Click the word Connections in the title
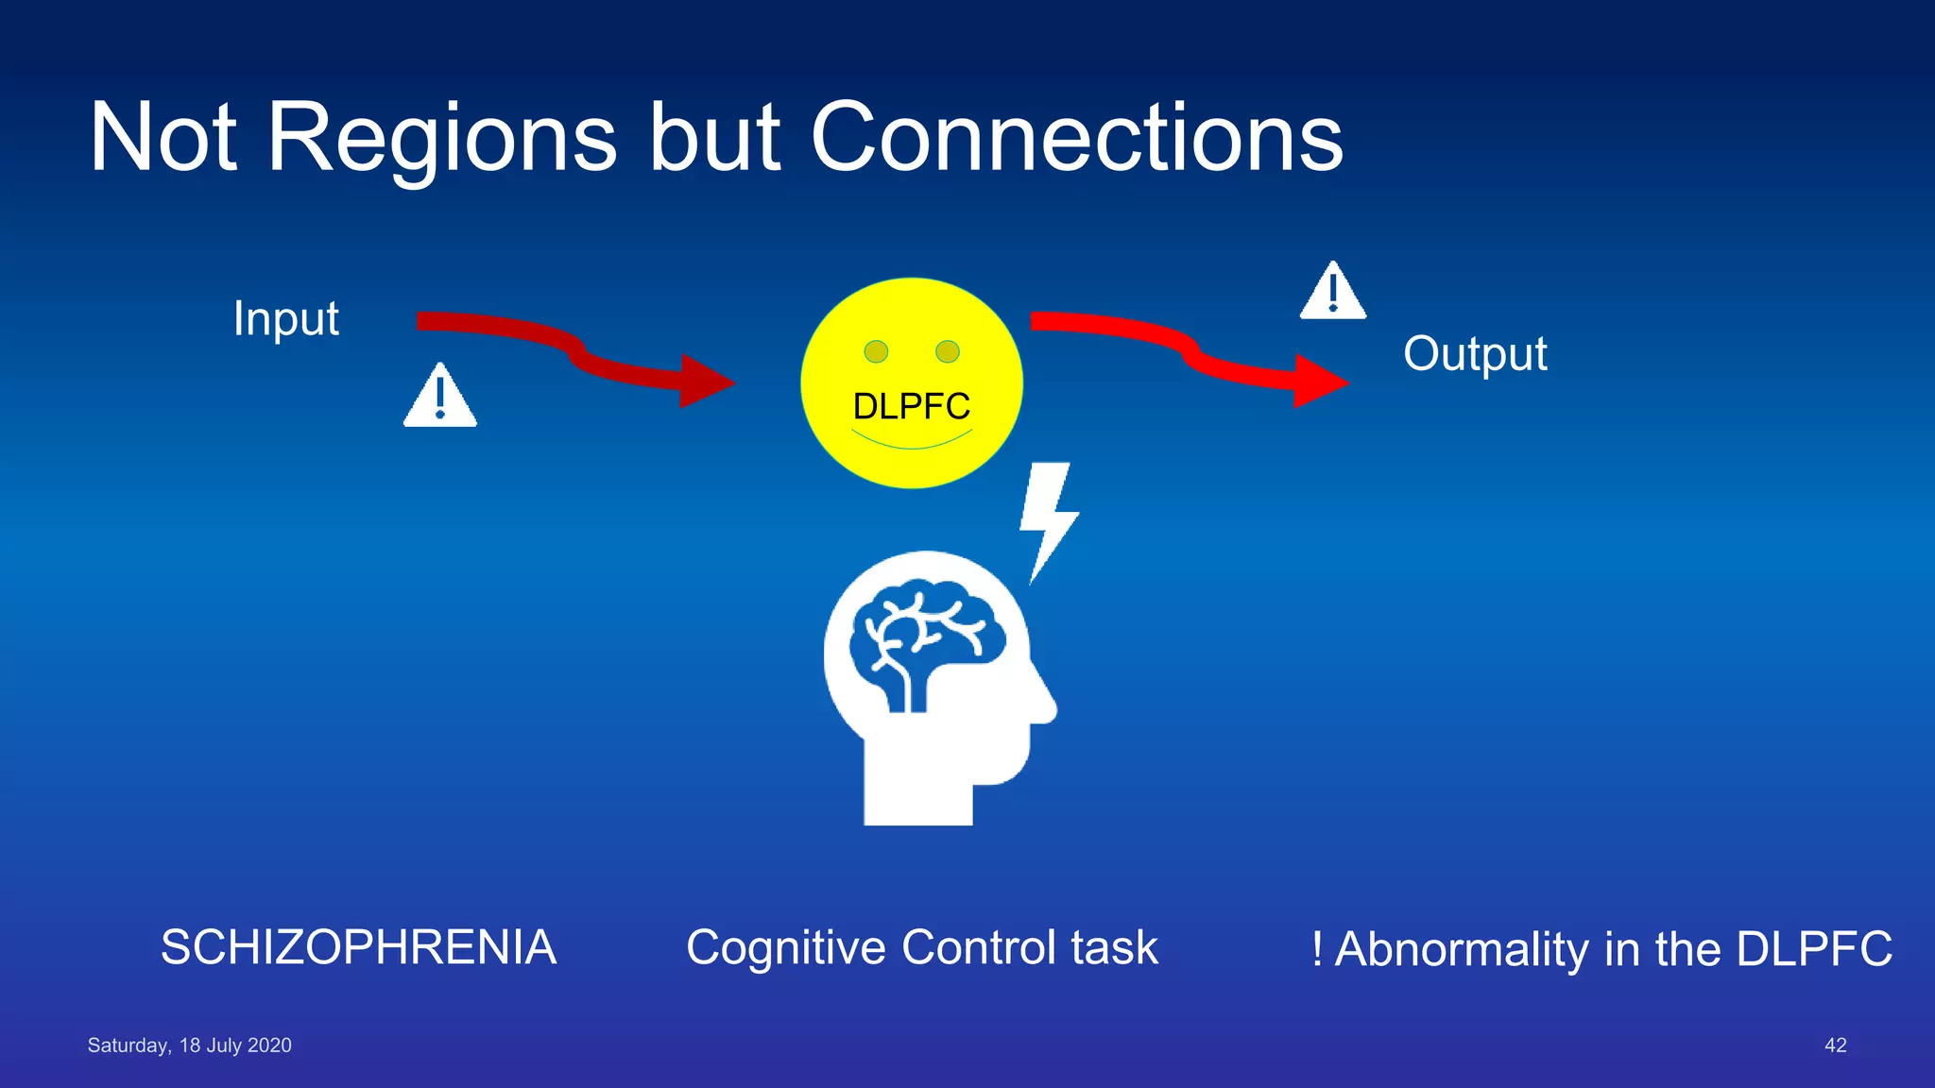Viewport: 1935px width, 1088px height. [x=1076, y=138]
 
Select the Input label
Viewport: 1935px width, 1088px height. [x=285, y=318]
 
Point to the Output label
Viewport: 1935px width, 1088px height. [x=1475, y=354]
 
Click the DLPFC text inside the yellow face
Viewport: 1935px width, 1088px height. [x=911, y=406]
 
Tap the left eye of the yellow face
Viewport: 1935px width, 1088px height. [x=876, y=351]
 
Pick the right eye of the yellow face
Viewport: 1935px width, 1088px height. [x=948, y=351]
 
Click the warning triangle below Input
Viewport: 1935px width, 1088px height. [x=440, y=398]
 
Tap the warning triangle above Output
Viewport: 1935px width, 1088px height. [x=1332, y=293]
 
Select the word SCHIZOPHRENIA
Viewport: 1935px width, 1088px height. [x=358, y=947]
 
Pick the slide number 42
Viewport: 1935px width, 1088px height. [x=1835, y=1045]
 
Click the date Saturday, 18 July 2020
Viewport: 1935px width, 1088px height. [x=189, y=1045]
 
